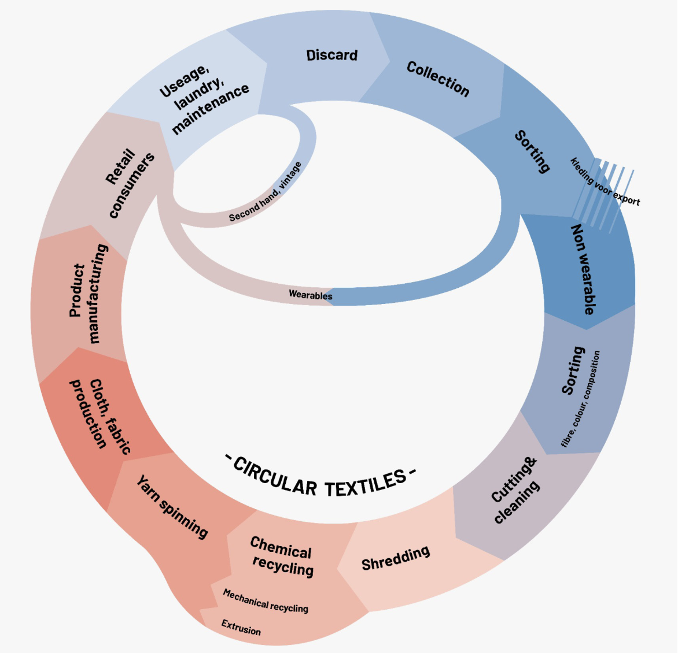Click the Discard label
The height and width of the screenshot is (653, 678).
(x=332, y=55)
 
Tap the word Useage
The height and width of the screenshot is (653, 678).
(x=184, y=81)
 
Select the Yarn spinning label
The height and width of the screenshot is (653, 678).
(x=172, y=506)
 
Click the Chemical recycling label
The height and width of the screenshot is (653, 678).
(x=282, y=556)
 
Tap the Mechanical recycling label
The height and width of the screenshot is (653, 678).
(x=266, y=601)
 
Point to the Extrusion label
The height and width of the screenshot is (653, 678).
(x=241, y=627)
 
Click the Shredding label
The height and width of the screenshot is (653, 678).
(x=396, y=558)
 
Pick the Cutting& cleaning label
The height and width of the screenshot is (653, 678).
(x=515, y=490)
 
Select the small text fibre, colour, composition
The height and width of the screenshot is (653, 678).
(x=581, y=399)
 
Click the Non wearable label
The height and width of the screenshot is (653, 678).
(x=583, y=269)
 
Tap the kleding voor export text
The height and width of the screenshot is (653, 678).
(x=605, y=181)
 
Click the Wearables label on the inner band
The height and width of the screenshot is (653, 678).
(x=311, y=295)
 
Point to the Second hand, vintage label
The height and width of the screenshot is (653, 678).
(x=266, y=192)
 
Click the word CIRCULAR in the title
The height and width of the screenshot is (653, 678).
(x=275, y=477)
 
